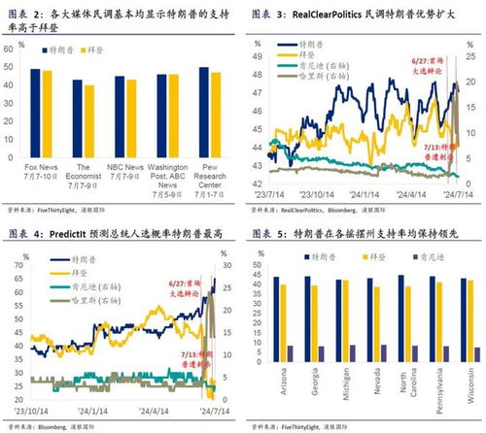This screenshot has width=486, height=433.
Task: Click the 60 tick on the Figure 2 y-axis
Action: [x=9, y=65]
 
